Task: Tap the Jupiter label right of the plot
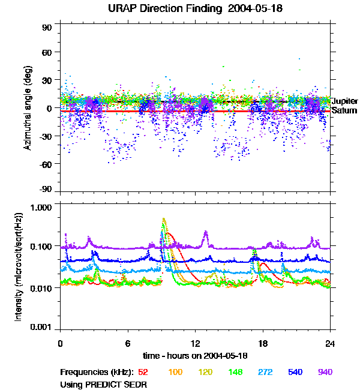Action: [x=344, y=101]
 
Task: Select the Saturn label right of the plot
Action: [x=344, y=110]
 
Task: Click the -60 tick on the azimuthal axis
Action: [x=46, y=163]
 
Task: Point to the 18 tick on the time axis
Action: [x=262, y=343]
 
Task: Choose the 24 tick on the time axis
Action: [x=329, y=343]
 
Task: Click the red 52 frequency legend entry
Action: [x=143, y=372]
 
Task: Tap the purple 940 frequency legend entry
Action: [x=325, y=372]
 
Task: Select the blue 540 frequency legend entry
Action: [x=295, y=372]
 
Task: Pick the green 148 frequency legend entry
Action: [x=235, y=372]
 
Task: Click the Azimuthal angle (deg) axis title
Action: [x=28, y=109]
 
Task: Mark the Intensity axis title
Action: [x=20, y=266]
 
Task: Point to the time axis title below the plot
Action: [x=195, y=356]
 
